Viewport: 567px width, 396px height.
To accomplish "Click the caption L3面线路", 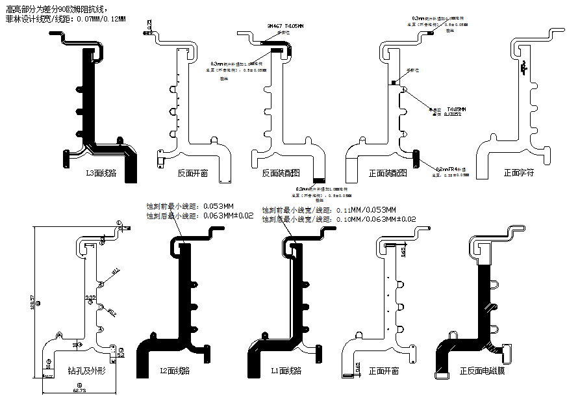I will pos(101,174).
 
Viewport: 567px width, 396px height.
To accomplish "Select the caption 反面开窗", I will pos(193,174).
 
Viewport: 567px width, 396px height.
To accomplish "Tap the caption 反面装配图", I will pos(281,174).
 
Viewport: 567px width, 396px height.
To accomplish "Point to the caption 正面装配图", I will pos(388,174).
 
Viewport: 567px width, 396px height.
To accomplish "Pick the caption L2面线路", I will pos(175,371).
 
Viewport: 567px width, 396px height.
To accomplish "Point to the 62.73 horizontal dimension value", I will pos(79,391).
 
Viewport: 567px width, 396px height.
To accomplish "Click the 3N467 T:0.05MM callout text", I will pos(285,26).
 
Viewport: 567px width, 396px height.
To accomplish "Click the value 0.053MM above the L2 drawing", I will pos(214,205).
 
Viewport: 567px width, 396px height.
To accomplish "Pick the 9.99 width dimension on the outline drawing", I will pos(91,297).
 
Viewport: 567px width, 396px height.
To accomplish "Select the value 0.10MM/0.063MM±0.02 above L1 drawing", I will pos(375,220).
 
